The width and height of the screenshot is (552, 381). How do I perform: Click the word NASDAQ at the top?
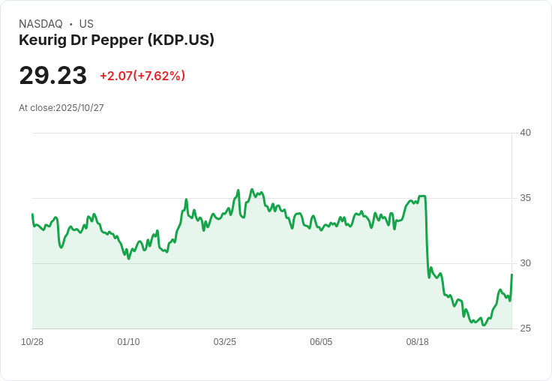[x=40, y=24]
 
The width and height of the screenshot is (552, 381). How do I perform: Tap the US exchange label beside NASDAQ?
[x=86, y=24]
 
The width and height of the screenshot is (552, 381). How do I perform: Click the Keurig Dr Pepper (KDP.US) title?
[x=116, y=40]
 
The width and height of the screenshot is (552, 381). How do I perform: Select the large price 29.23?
[x=52, y=75]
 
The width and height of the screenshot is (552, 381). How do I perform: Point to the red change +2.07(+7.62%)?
[x=142, y=76]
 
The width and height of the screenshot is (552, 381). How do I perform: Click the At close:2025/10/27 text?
[x=61, y=108]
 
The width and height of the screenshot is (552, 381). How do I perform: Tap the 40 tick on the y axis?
[x=526, y=133]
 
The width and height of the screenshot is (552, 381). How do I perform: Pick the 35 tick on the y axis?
[x=526, y=198]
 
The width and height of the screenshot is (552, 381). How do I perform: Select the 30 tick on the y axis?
[x=526, y=263]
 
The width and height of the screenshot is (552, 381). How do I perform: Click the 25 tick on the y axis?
[x=526, y=328]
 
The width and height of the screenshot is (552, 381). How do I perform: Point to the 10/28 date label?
[x=32, y=342]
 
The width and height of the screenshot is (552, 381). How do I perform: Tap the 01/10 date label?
[x=128, y=342]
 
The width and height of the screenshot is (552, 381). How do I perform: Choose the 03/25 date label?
[x=225, y=342]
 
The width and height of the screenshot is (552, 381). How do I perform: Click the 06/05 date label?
[x=321, y=342]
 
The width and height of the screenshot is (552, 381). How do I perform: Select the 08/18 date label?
[x=417, y=342]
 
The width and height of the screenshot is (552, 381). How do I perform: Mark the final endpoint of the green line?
[x=511, y=274]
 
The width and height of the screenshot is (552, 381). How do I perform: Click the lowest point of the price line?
[x=484, y=325]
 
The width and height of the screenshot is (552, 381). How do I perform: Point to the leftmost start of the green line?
[x=32, y=214]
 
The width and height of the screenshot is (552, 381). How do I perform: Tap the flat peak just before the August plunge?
[x=422, y=196]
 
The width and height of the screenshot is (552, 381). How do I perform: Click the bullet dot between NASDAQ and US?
[x=71, y=24]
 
